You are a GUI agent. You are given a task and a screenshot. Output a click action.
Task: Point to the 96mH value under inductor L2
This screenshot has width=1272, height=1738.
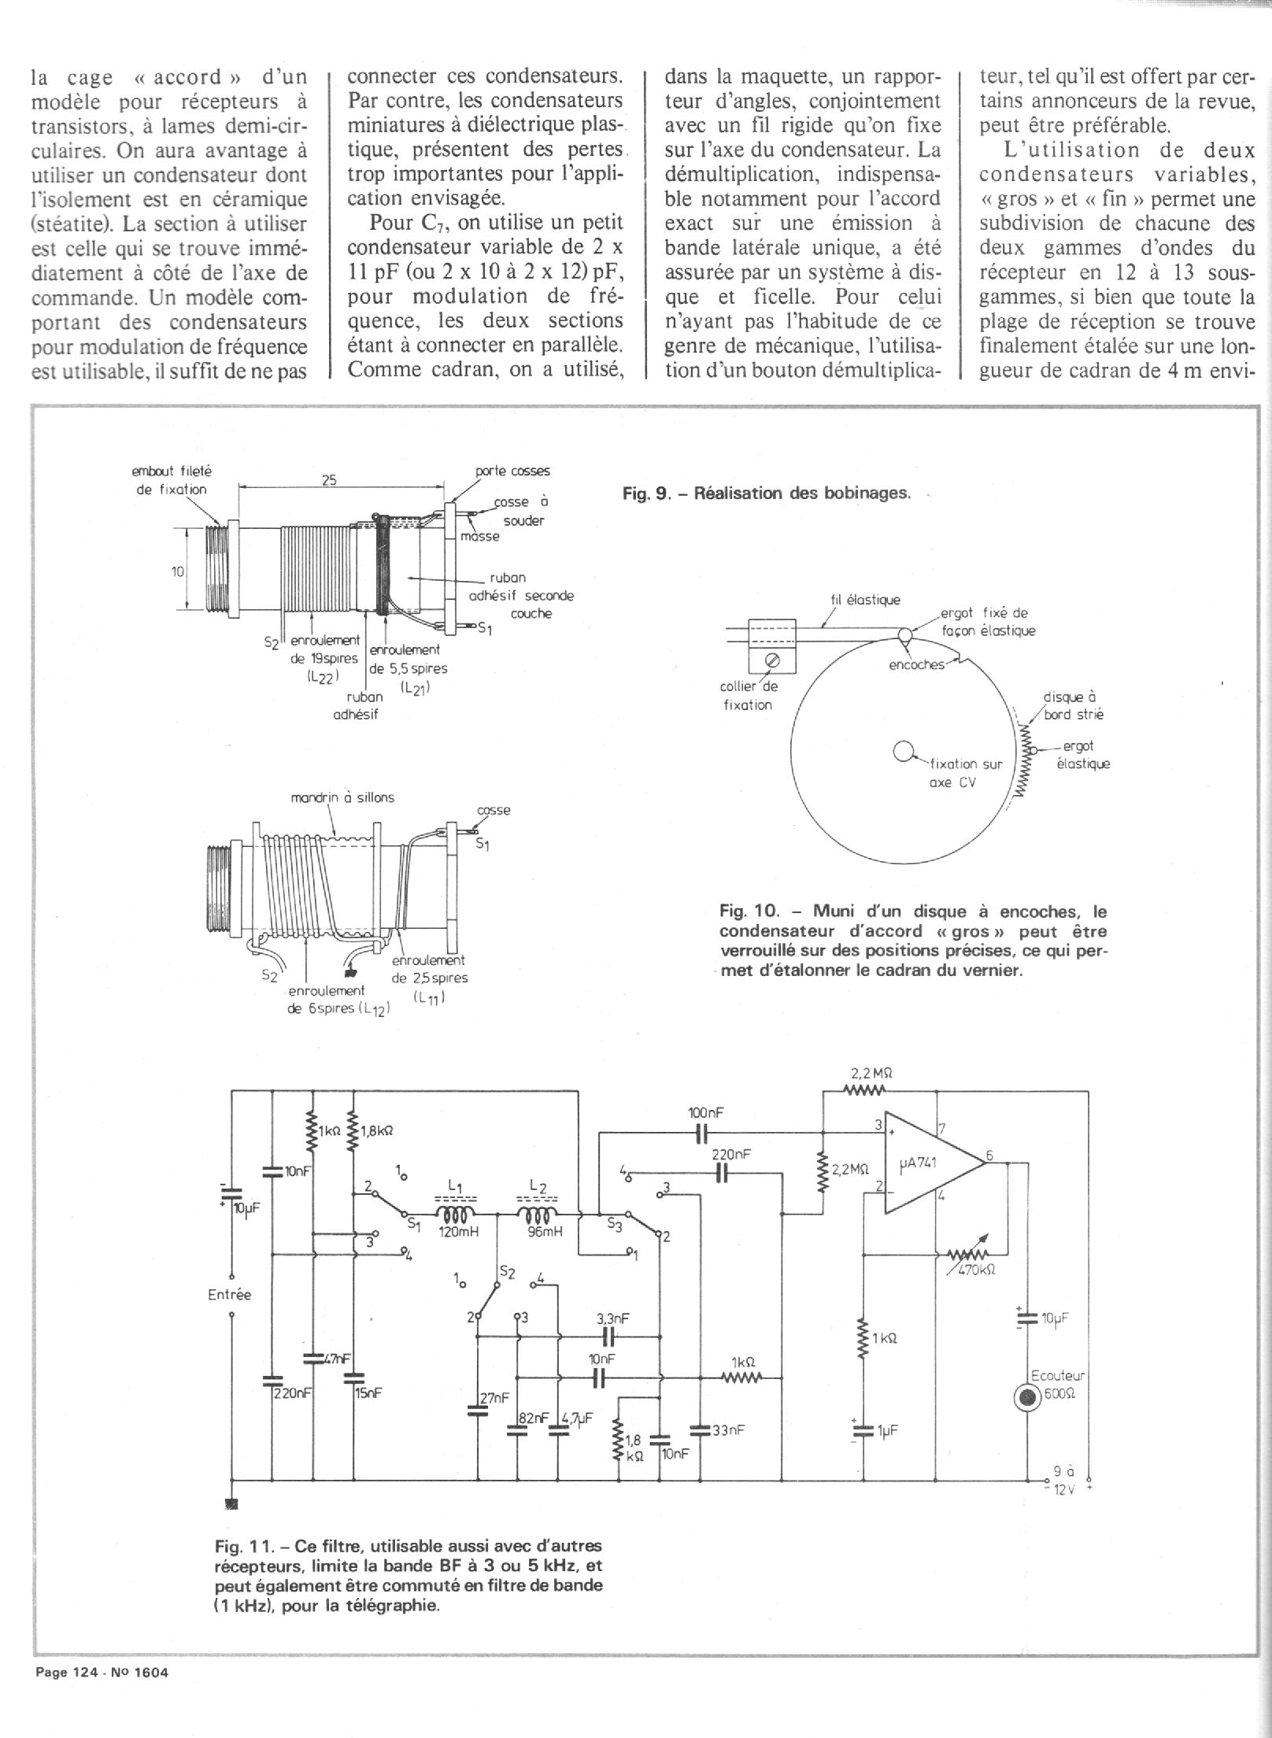click(x=545, y=1232)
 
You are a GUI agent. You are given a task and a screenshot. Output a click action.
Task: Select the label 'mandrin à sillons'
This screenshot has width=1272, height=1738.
click(x=342, y=797)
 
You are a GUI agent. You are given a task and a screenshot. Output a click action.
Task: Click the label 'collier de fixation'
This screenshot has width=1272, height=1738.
click(x=748, y=695)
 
